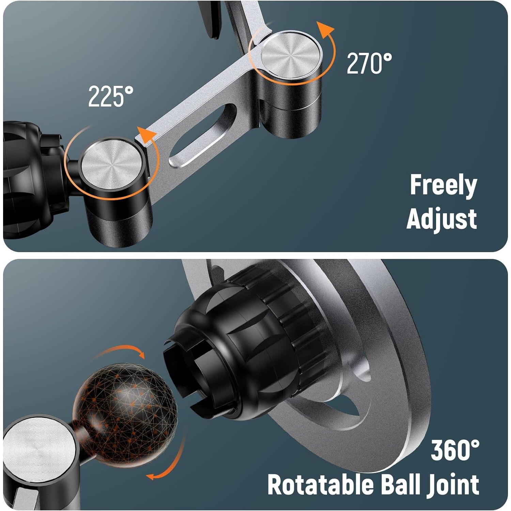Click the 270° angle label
pos(369,63)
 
